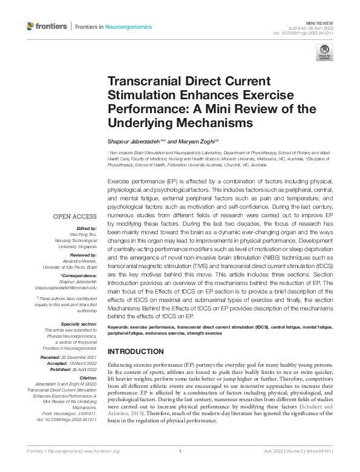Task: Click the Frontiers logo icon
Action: coord(31,26)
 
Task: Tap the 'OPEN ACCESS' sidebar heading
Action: coord(74,216)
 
